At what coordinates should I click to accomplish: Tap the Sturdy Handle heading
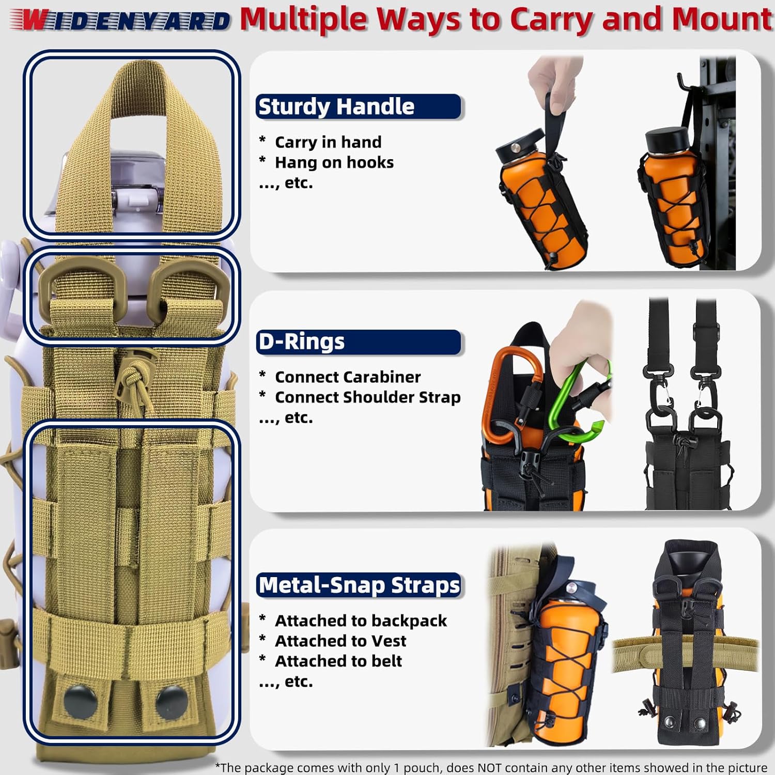(336, 106)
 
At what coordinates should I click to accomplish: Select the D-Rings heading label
(301, 342)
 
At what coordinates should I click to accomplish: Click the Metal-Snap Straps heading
(359, 585)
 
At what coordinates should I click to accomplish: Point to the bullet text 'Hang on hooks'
(334, 162)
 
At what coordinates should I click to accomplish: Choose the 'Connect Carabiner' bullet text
(348, 377)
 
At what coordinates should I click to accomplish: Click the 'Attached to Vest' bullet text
(340, 641)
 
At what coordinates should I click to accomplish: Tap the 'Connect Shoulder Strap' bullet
(367, 397)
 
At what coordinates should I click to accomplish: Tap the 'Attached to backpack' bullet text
(361, 621)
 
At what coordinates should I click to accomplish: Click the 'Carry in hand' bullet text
(328, 142)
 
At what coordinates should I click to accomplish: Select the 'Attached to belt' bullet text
(338, 661)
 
